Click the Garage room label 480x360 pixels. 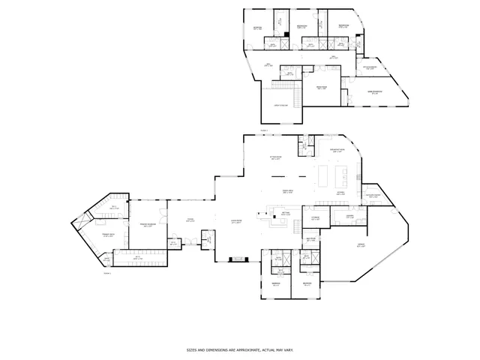coord(361,244)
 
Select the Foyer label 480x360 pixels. coord(191,219)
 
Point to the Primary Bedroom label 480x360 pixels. coord(147,224)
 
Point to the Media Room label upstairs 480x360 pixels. coord(321,86)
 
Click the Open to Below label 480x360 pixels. coord(280,106)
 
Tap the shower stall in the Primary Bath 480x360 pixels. coord(79,223)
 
